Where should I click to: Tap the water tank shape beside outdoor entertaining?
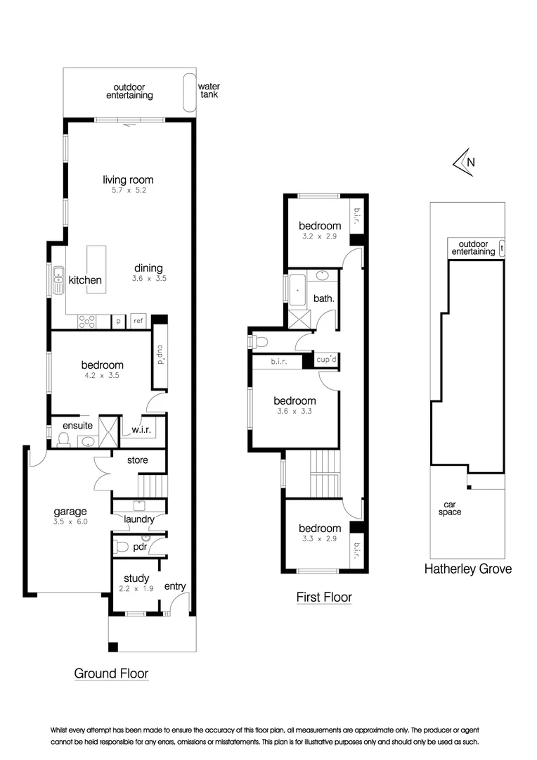190,92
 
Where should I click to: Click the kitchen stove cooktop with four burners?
88,321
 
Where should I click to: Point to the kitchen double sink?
57,281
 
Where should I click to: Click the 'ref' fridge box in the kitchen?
138,321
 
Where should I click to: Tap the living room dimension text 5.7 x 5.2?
127,190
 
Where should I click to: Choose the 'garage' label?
71,512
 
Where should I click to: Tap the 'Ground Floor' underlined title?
111,673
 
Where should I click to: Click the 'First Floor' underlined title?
323,597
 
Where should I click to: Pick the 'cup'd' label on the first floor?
328,360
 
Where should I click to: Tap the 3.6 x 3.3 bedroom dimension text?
294,411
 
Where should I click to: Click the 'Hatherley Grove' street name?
467,569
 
